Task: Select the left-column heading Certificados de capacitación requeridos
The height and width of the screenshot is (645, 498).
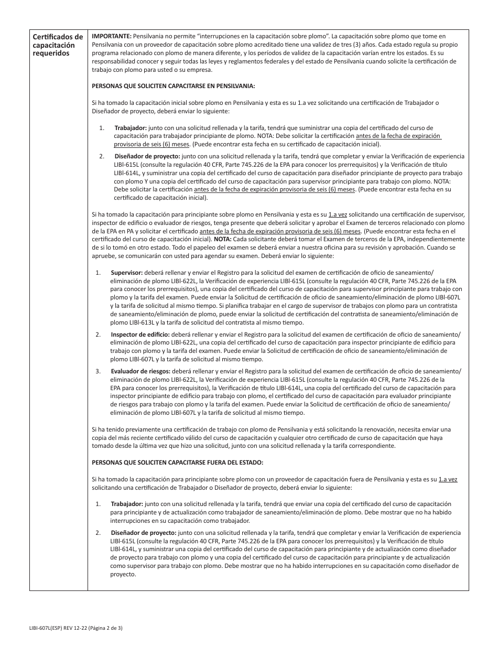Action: (58, 45)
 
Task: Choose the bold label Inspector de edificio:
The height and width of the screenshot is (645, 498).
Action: (140, 334)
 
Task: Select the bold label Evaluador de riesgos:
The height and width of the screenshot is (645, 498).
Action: (140, 371)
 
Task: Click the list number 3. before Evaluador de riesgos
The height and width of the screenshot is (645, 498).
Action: (98, 371)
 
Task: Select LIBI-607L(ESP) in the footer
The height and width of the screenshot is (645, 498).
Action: (48, 628)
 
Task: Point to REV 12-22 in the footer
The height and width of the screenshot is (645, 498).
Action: (76, 628)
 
